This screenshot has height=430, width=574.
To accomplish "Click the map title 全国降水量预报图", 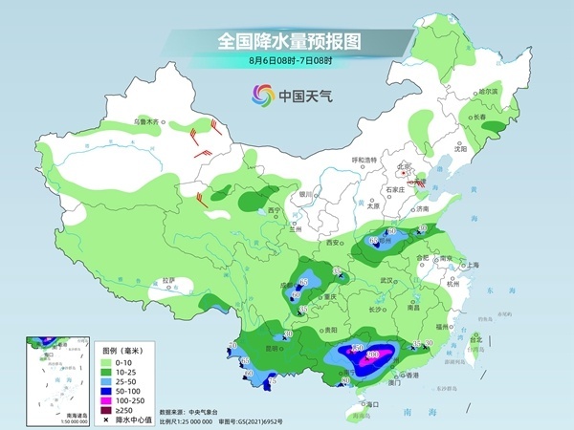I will [286, 41].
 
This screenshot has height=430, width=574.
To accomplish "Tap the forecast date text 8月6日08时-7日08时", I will [286, 62].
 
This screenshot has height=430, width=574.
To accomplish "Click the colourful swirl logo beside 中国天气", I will [261, 95].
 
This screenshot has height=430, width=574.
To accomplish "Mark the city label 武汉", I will [386, 280].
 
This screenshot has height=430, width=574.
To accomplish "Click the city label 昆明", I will [274, 348].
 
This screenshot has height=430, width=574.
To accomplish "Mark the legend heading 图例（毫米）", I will [122, 350].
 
